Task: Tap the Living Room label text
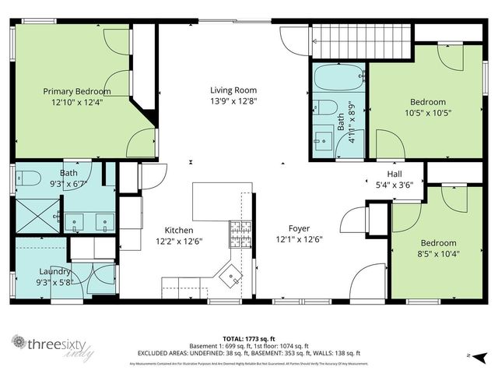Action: click(x=233, y=90)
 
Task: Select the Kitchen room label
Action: click(x=178, y=230)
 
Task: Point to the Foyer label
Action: click(x=299, y=228)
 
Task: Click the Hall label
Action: click(x=394, y=174)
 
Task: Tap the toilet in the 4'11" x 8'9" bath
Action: click(x=326, y=107)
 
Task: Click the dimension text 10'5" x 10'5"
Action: click(x=427, y=112)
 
